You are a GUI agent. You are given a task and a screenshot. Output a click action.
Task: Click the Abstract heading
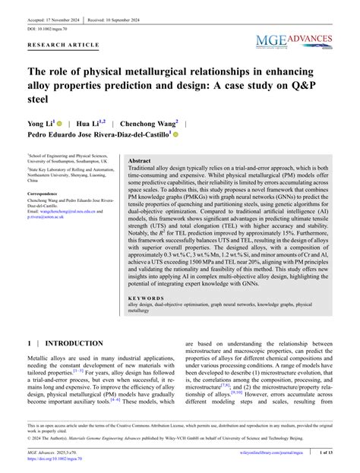point(140,162)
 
